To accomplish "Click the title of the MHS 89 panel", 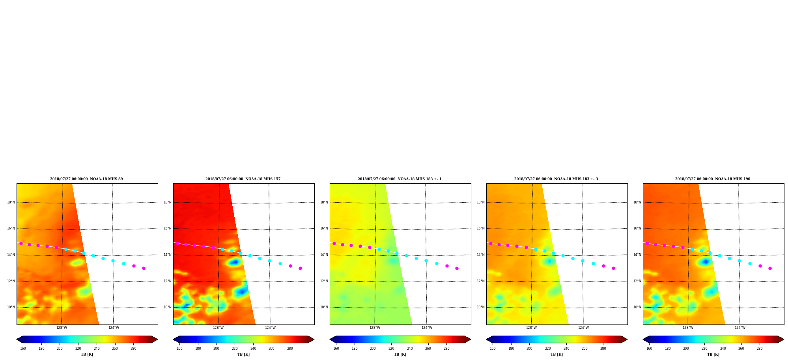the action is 86,179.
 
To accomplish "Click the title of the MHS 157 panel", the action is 243,179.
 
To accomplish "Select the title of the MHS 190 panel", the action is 713,179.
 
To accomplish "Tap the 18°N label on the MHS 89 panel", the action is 11,202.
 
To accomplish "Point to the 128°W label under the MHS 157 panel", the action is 218,328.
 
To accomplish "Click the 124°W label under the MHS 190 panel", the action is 740,328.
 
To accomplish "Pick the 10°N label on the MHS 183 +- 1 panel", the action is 324,307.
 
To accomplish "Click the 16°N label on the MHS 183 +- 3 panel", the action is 481,228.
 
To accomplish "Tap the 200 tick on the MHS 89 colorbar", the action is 60,349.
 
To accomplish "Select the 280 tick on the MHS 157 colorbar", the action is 290,349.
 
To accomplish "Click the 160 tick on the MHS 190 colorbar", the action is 649,349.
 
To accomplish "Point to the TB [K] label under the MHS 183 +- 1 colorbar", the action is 400,354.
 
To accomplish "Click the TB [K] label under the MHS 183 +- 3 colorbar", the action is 556,354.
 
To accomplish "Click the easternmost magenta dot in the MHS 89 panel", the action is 144,268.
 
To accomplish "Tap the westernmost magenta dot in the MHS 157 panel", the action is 177,243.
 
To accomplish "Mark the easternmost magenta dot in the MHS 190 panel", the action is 770,268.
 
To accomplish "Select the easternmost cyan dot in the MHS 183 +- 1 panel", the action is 437,263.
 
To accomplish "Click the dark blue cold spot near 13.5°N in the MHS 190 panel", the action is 706,261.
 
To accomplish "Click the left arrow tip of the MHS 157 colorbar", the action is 174,339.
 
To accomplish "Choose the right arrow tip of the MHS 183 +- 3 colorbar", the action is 627,339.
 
